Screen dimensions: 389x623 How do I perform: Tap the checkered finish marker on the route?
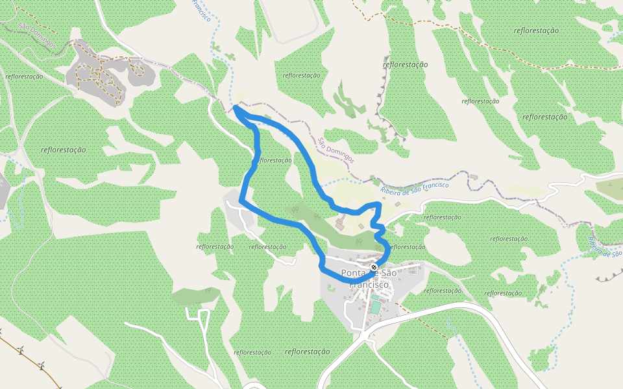(374, 267)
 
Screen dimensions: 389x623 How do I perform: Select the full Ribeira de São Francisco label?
(415, 189)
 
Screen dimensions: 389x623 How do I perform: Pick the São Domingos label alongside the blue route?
(336, 150)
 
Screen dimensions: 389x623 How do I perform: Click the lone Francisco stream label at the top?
(202, 10)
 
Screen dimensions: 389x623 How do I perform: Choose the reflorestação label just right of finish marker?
(408, 246)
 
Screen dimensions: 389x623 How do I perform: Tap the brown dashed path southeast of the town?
(422, 322)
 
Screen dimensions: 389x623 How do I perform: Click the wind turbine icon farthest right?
(42, 365)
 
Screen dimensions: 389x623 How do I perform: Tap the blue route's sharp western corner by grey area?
(241, 202)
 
